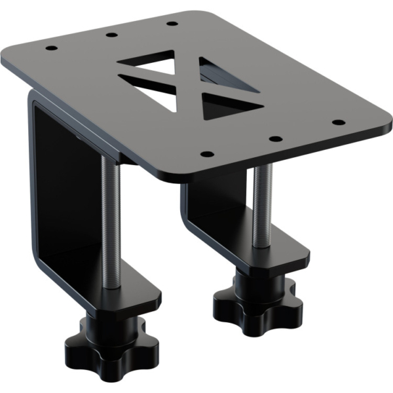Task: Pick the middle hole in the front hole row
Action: tap(275, 139)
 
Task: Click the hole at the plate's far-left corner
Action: tap(50, 48)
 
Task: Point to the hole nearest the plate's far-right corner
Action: tap(338, 122)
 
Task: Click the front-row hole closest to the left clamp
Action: tap(206, 154)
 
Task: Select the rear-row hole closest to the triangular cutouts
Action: tap(172, 24)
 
